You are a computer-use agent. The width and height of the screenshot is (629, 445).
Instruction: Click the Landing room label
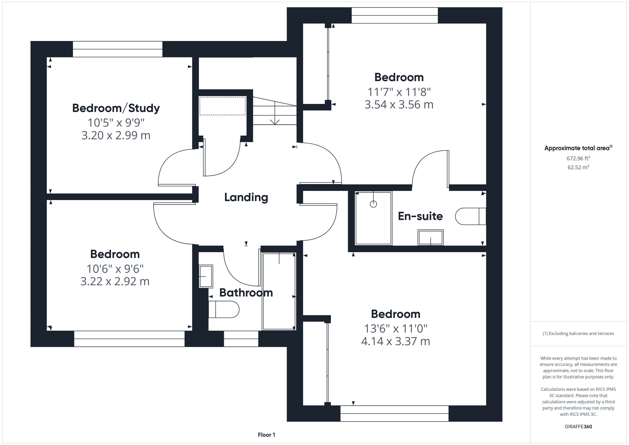[x=246, y=198]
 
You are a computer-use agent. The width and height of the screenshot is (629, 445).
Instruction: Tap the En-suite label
[x=420, y=216]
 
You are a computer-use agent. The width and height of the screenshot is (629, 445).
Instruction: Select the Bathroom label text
[x=246, y=293]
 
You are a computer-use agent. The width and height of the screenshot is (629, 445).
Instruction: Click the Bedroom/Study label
[x=116, y=108]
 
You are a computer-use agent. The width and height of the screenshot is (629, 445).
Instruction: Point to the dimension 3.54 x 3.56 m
[x=399, y=105]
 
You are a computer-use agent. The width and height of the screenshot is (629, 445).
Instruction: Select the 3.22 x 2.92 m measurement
[x=115, y=281]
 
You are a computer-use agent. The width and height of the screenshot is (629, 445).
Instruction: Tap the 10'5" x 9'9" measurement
[x=116, y=123]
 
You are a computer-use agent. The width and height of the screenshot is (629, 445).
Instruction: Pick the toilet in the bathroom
[x=224, y=309]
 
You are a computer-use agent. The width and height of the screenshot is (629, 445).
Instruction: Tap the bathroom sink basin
[x=206, y=276]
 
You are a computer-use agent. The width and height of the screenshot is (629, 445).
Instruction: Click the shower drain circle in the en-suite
[x=373, y=204]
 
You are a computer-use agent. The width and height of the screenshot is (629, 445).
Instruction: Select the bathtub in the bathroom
[x=279, y=291]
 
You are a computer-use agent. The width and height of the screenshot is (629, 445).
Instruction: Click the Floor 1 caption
[x=266, y=435]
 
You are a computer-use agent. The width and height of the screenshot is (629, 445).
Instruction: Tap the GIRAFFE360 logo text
[x=578, y=427]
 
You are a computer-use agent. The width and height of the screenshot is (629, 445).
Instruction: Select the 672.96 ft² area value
[x=578, y=158]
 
